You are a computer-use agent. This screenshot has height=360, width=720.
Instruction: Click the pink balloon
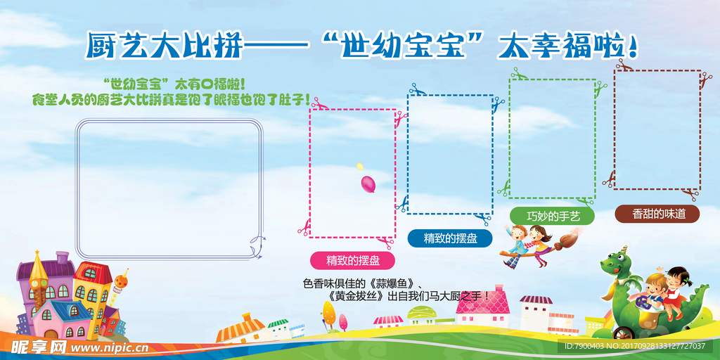click(x=368, y=184)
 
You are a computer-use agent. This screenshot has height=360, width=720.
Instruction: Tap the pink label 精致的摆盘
click(x=352, y=260)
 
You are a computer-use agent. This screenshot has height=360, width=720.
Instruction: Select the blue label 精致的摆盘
click(x=450, y=238)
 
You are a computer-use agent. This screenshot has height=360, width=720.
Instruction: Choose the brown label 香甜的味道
click(x=657, y=214)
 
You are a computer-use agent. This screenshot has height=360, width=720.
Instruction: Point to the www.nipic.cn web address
click(x=109, y=347)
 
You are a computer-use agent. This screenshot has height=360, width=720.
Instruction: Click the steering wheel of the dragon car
click(x=642, y=302)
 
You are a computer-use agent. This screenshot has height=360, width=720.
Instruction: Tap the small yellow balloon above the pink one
click(x=360, y=167)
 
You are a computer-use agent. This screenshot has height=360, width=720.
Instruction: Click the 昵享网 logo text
click(x=37, y=347)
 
